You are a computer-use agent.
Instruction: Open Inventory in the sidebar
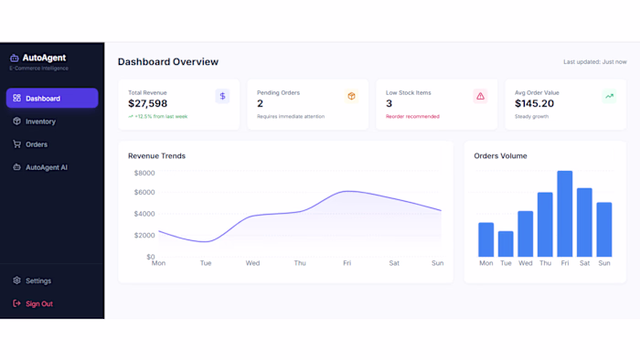(40, 122)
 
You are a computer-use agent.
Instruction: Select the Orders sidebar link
(36, 144)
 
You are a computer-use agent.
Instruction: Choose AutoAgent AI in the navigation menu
(46, 167)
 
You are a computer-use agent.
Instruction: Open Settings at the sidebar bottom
(37, 281)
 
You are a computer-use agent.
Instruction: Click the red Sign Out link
(38, 303)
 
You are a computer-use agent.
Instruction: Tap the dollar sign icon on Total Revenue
(222, 96)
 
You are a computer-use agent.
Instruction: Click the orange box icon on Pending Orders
(351, 96)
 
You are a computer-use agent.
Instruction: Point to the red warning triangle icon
(480, 96)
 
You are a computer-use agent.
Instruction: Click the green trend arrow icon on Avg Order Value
(609, 96)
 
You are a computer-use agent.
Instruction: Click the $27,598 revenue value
(148, 104)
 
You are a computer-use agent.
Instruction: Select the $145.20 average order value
(534, 104)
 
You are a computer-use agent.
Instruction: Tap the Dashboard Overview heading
(168, 62)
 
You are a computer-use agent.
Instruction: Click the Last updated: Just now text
(594, 62)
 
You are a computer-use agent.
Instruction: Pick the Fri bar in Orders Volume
(564, 214)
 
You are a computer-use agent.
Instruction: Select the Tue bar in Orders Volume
(505, 244)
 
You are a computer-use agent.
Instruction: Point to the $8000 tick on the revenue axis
(144, 173)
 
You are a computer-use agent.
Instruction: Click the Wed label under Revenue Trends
(252, 263)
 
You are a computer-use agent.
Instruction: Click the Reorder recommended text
(412, 117)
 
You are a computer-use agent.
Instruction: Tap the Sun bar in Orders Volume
(603, 229)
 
